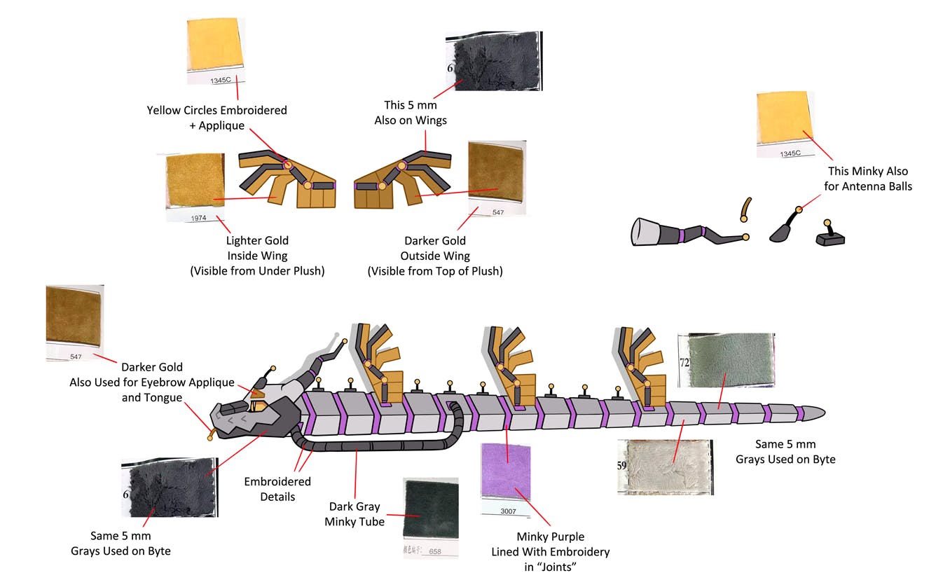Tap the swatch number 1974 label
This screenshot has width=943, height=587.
[198, 219]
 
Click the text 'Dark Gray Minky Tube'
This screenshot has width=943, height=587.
[355, 513]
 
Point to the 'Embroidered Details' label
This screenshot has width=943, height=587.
[277, 489]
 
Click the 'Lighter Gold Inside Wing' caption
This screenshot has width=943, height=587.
[257, 256]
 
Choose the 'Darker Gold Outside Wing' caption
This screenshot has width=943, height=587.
[435, 256]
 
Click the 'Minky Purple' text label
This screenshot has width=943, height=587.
[550, 537]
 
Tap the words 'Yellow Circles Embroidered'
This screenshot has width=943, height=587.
[216, 111]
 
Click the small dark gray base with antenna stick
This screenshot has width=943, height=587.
[830, 237]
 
